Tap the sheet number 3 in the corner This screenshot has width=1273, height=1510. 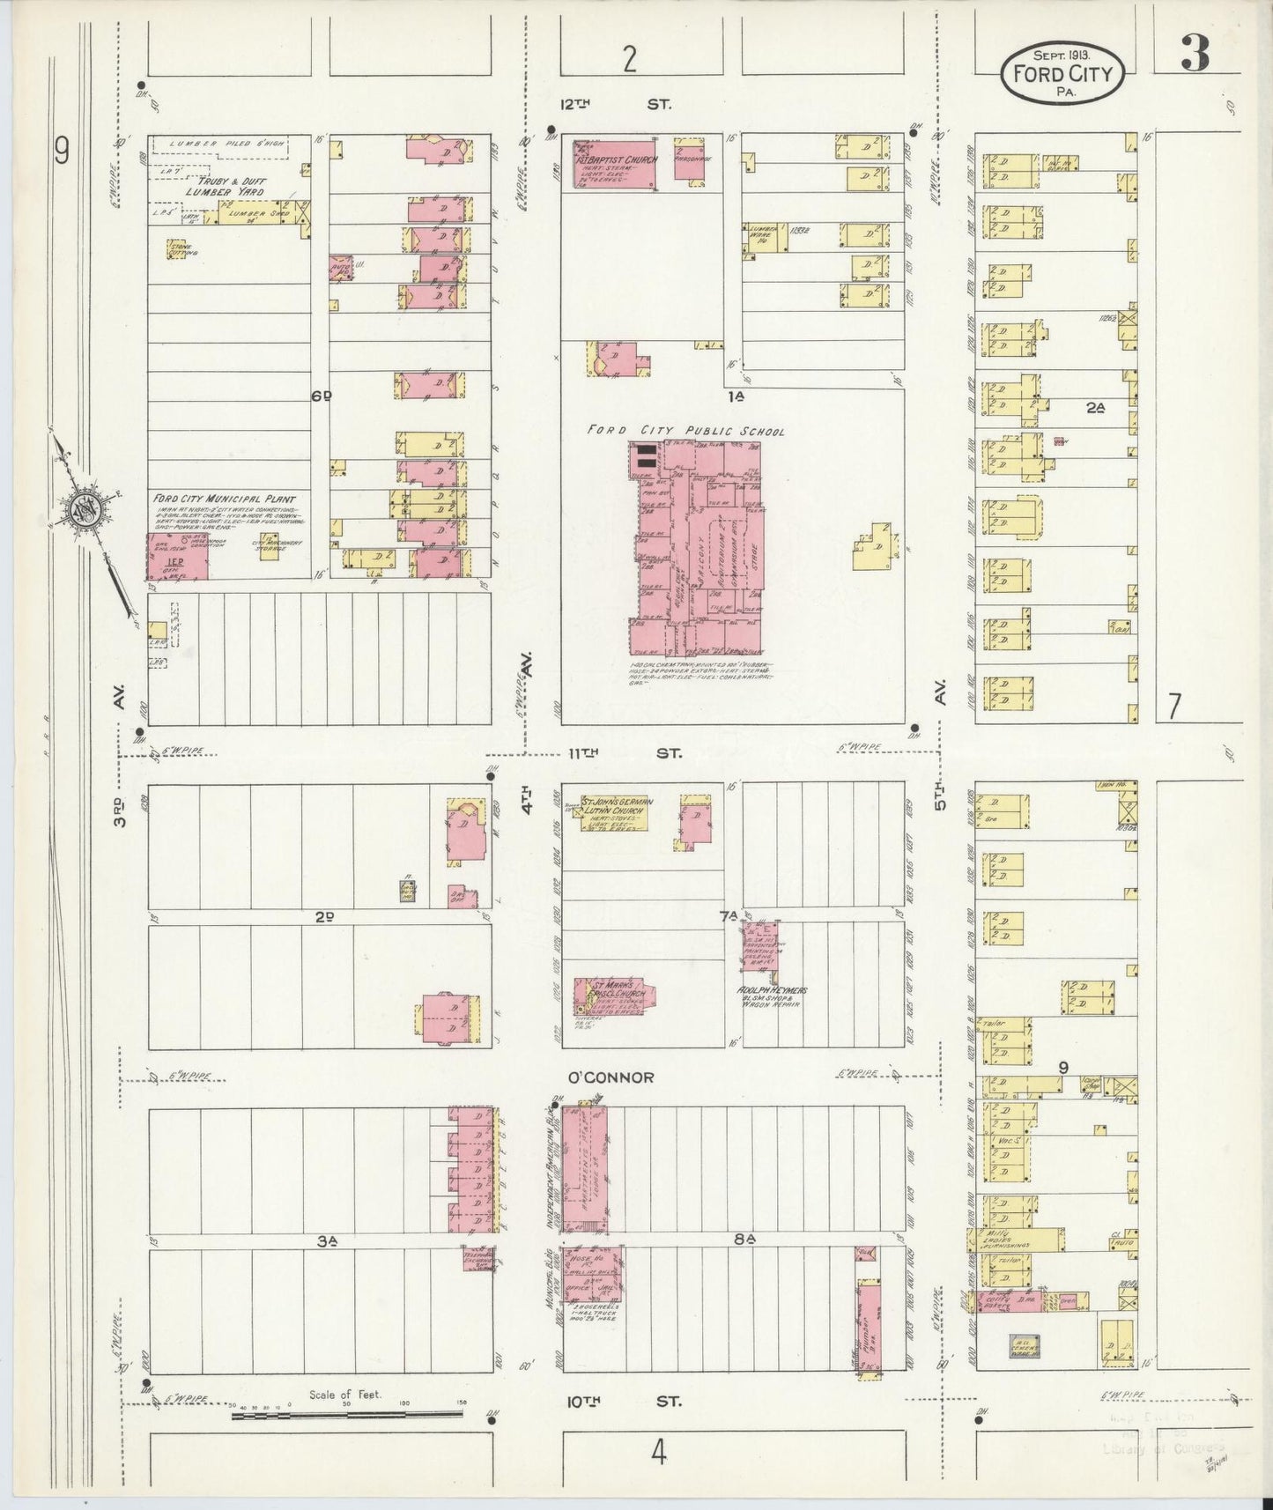pyautogui.click(x=1196, y=56)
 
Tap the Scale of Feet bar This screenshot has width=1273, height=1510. pyautogui.click(x=346, y=1414)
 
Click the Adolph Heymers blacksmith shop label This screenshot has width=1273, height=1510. pyautogui.click(x=772, y=996)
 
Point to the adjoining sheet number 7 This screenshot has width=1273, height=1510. pyautogui.click(x=1173, y=707)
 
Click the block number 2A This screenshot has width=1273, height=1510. pyautogui.click(x=1095, y=408)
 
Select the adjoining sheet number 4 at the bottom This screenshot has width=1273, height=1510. pyautogui.click(x=658, y=1453)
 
